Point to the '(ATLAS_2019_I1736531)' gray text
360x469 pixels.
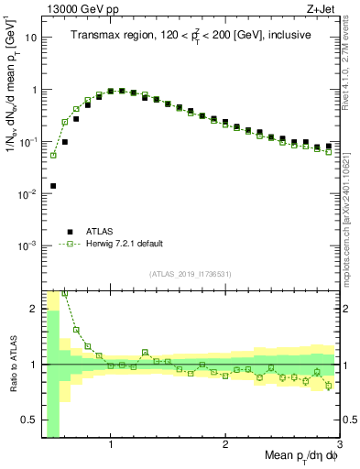pos(190,274)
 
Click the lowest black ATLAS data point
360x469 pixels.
pos(53,186)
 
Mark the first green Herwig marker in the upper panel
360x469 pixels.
pos(53,155)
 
